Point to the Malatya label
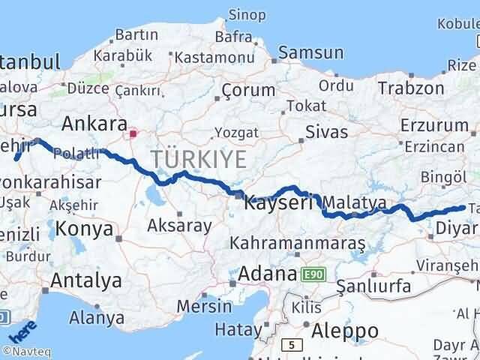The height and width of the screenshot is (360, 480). pos(356,202)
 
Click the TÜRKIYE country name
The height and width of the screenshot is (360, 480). pos(199,159)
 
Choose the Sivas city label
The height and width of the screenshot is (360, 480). pos(326,132)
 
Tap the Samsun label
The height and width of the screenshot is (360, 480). pos(310,52)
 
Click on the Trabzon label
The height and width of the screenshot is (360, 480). pos(411,87)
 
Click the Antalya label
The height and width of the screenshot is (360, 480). pos(86,280)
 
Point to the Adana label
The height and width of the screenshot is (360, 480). pos(267,274)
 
